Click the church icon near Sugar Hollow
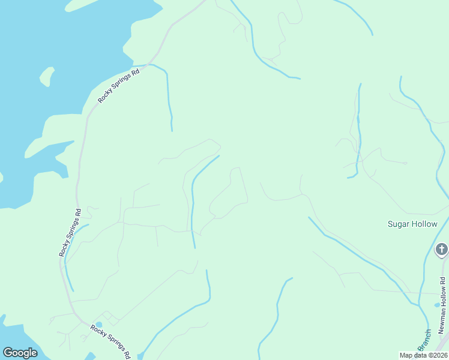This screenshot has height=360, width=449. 442,249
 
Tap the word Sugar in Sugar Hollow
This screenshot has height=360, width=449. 399,224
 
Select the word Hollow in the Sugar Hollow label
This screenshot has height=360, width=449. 425,224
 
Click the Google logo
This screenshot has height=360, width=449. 20,353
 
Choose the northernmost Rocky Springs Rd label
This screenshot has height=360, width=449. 119,85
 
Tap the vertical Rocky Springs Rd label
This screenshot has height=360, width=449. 70,233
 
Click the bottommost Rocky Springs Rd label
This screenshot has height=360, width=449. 110,341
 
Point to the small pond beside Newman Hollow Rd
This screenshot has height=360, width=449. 438,305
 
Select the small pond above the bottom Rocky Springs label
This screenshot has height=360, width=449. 98,325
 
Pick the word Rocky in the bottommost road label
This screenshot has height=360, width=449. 98,331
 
